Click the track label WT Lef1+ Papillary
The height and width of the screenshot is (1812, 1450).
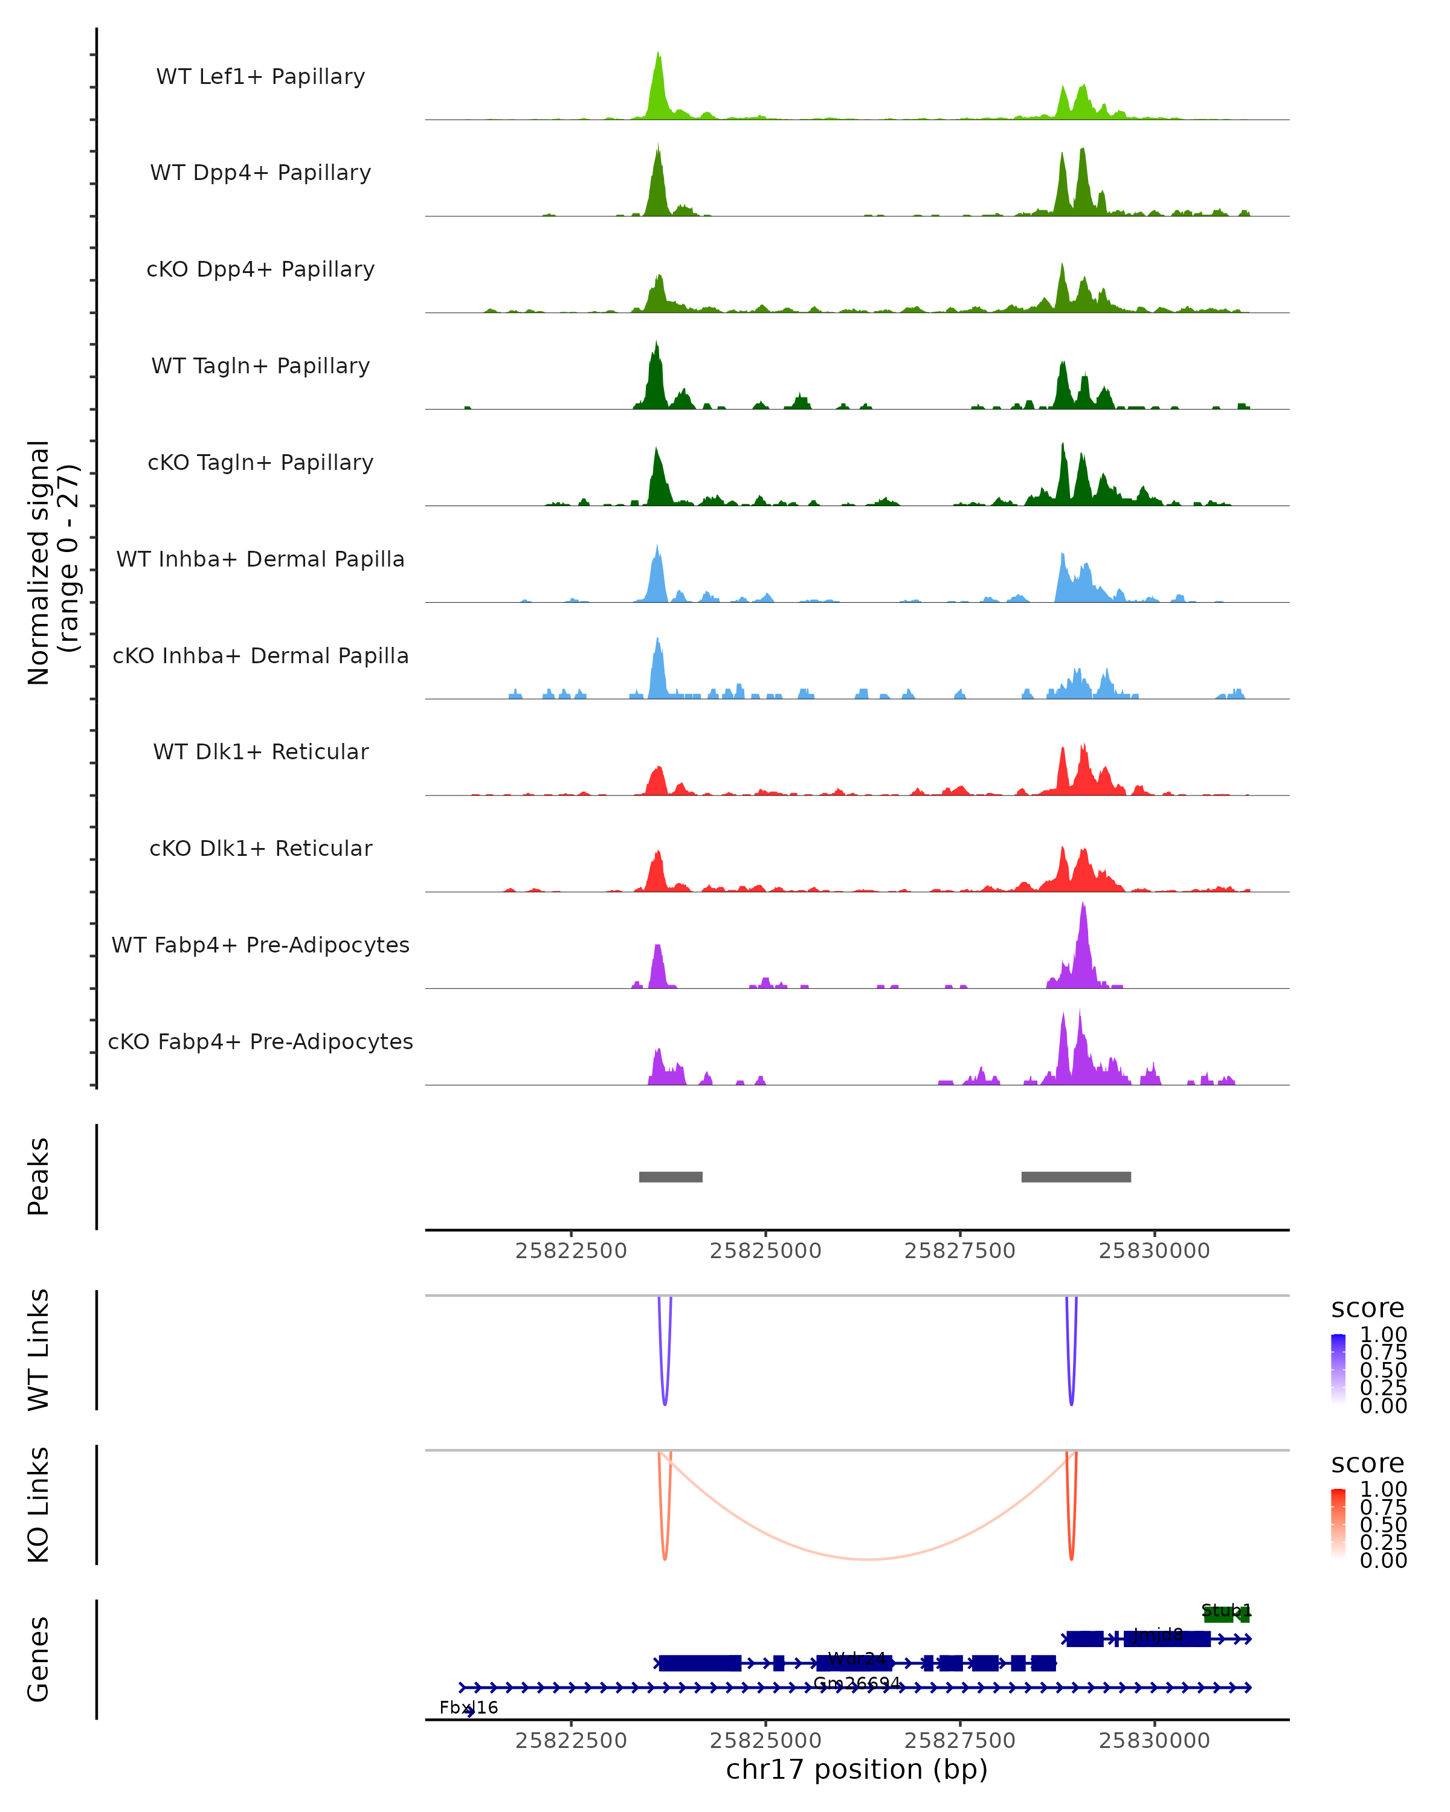260,77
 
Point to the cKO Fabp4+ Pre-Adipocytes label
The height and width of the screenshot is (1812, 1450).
260,1041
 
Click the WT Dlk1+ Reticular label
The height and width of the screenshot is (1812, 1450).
260,751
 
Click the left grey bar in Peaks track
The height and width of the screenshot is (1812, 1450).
670,1177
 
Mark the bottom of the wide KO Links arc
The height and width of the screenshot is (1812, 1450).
868,1559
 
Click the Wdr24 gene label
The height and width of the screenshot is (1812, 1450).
857,1658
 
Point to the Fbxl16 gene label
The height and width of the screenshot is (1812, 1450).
468,1707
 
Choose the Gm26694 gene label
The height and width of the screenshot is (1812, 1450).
857,1683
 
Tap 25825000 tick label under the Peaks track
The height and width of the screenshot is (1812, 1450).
765,1251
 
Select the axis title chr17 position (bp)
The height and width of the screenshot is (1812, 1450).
857,1769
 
